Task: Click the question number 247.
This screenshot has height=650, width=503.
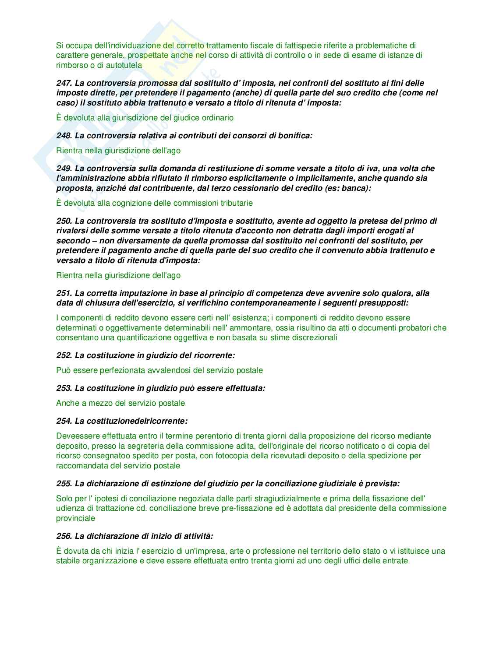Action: (64, 83)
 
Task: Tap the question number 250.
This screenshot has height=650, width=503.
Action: (64, 221)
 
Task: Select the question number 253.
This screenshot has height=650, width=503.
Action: (64, 388)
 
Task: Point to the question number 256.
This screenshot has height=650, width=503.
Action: (64, 536)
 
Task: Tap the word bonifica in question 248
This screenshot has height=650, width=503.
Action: (297, 136)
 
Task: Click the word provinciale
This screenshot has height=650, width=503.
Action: (75, 518)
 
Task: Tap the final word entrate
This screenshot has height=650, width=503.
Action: (394, 561)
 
